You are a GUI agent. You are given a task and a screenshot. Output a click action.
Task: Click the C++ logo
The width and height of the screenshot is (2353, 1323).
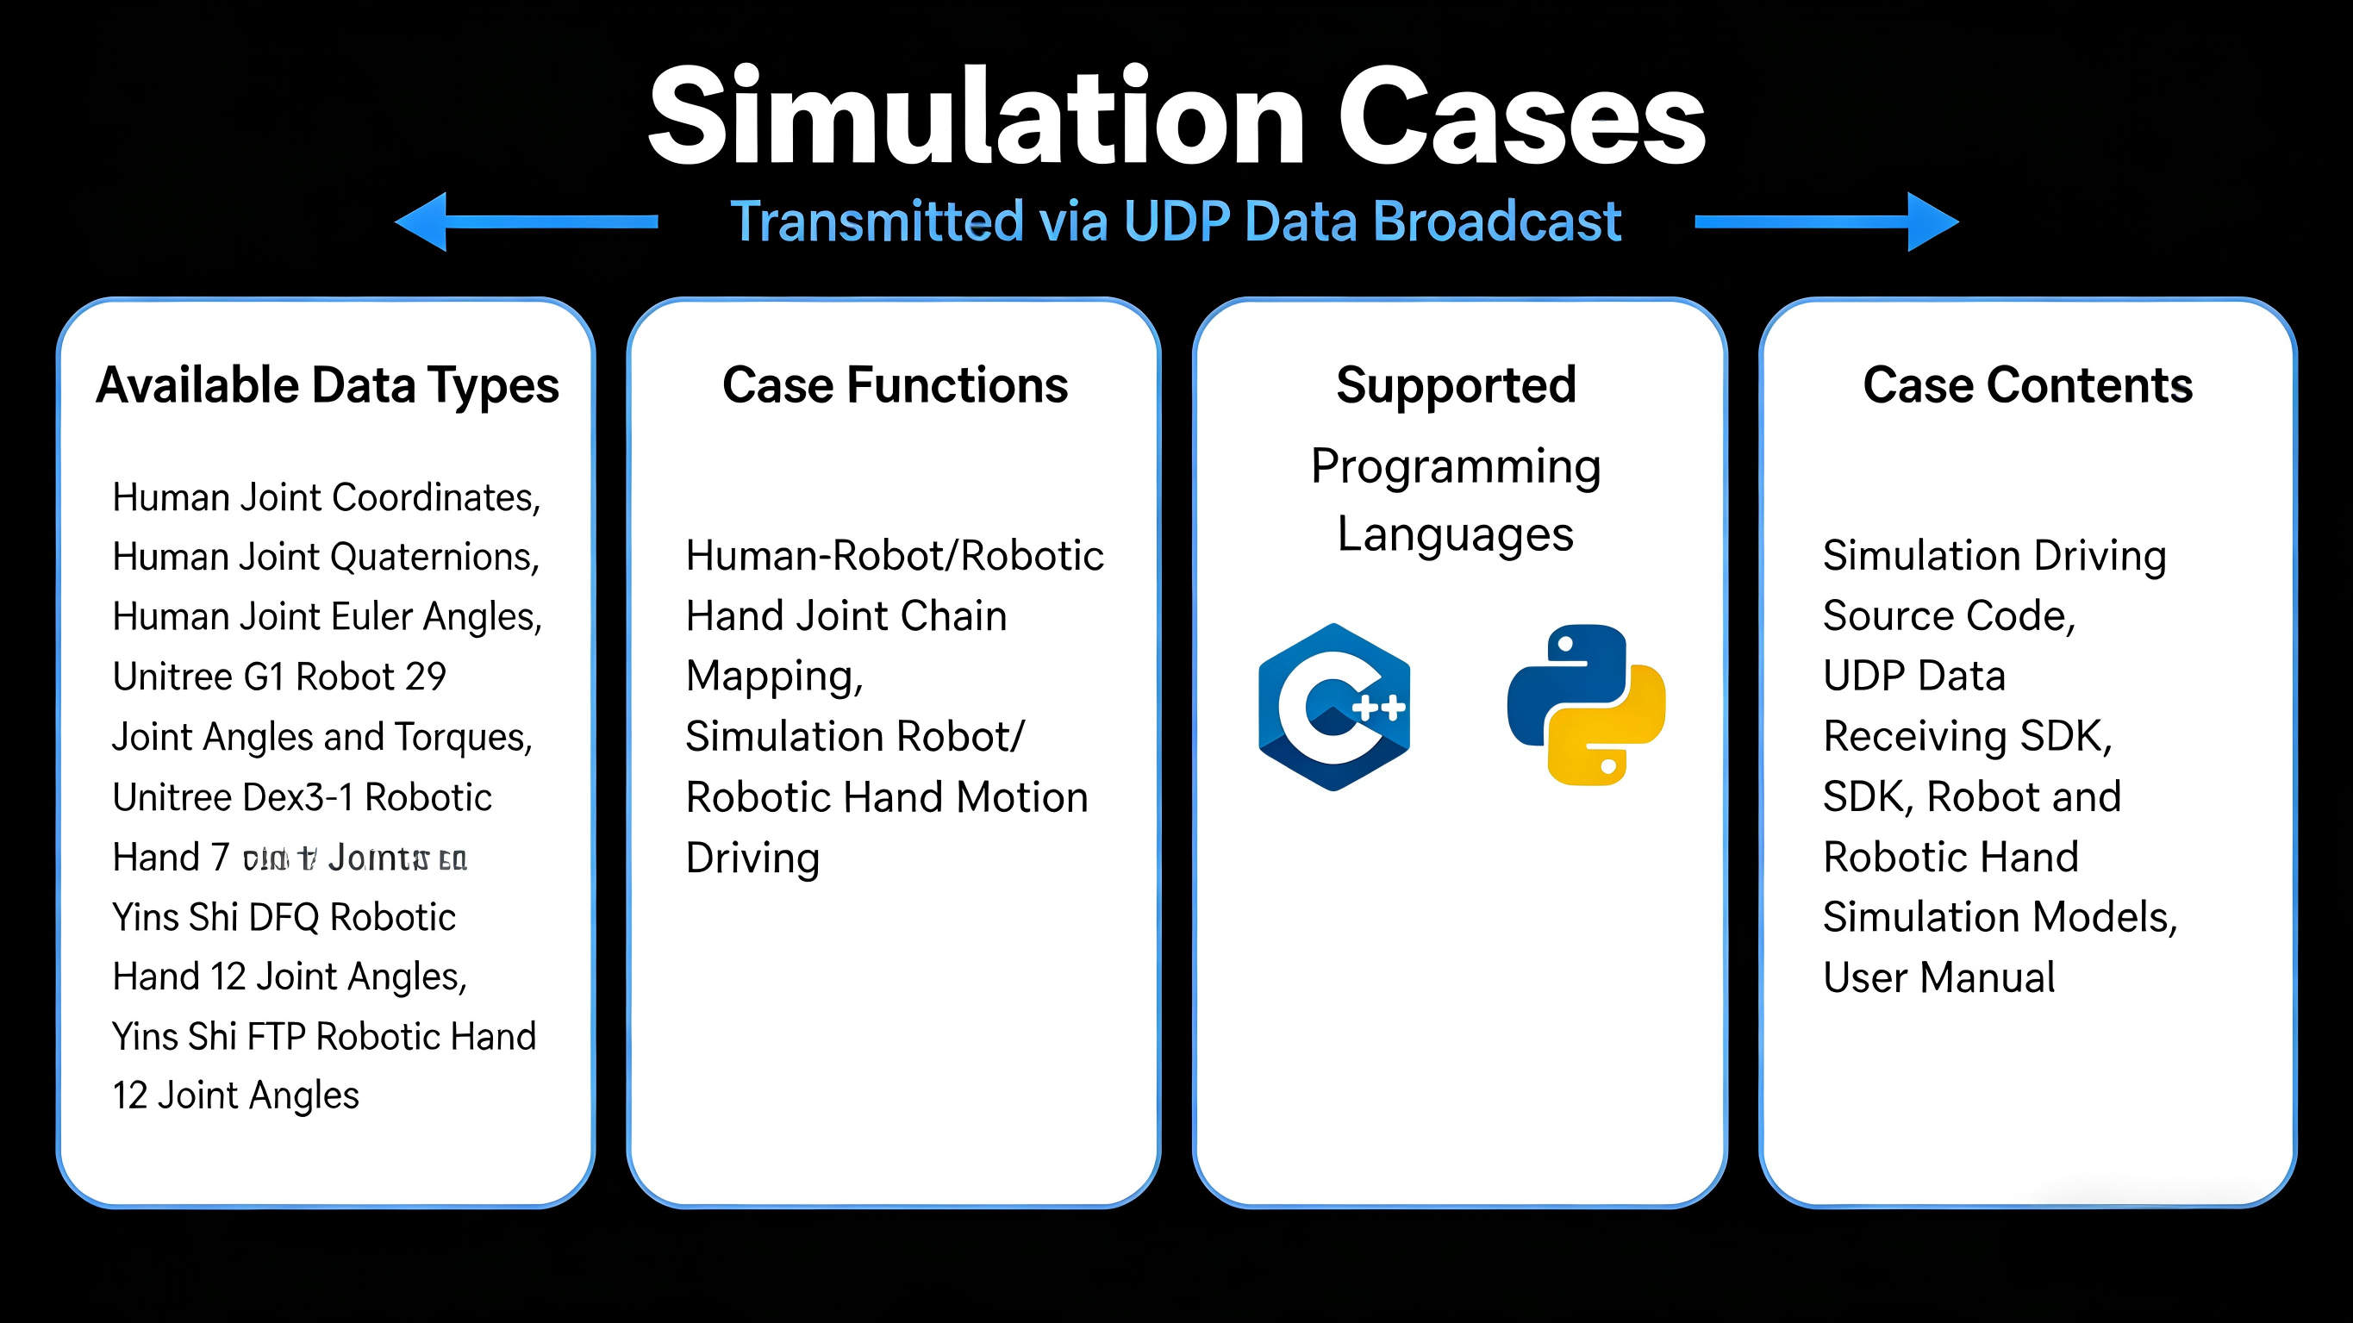coord(1333,706)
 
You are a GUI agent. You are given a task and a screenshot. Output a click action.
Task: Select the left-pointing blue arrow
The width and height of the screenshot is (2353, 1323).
coord(525,222)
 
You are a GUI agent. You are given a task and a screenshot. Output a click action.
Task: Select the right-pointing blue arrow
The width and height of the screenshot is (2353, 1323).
coord(1827,222)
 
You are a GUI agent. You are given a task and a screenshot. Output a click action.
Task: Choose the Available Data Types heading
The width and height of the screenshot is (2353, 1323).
coord(327,384)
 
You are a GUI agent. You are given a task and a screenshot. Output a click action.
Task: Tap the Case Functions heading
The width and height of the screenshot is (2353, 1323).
coord(895,384)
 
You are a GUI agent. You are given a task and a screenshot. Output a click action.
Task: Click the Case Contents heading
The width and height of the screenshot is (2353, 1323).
coord(2027,384)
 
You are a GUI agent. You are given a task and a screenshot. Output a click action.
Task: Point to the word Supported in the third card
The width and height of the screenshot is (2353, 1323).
coord(1456,384)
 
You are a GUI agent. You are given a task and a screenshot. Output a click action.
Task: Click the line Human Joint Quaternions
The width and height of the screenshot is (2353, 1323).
coord(326,557)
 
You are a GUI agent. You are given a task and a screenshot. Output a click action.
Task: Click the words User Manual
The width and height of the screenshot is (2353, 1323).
coord(1938,977)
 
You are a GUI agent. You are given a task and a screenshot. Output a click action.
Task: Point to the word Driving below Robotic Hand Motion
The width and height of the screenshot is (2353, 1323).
coord(752,858)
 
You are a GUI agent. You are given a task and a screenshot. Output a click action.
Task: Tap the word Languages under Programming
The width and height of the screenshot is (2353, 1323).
coord(1455,534)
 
